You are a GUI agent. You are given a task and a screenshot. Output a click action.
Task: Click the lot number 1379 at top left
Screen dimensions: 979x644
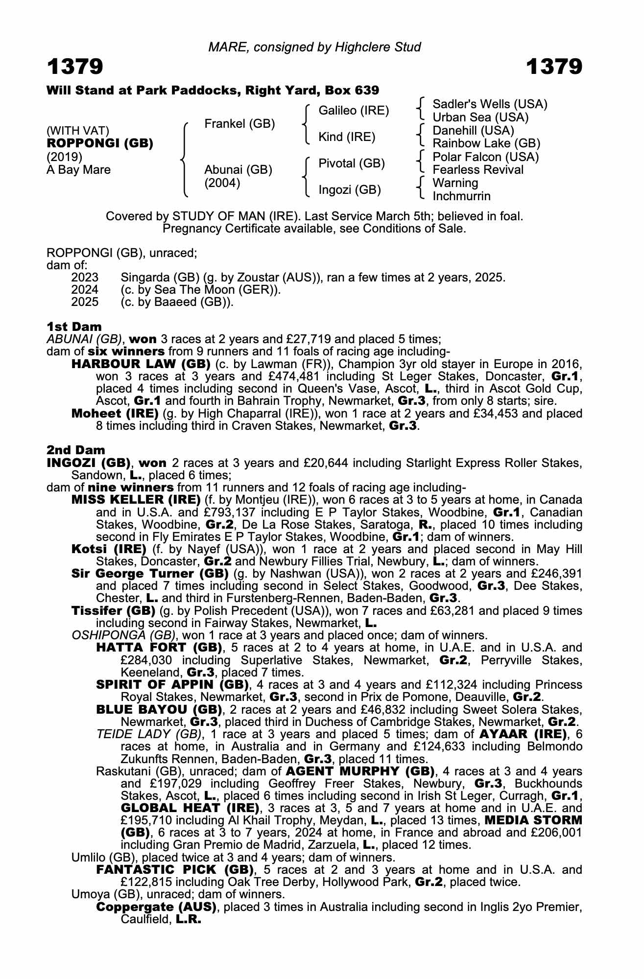click(x=75, y=67)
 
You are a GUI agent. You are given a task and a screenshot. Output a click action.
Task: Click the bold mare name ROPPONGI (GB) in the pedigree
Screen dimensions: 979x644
click(x=100, y=143)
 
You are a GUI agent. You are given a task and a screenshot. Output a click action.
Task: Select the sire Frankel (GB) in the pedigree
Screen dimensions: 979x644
click(x=239, y=124)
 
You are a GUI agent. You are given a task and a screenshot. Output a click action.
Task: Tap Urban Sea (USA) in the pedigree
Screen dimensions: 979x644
click(x=480, y=117)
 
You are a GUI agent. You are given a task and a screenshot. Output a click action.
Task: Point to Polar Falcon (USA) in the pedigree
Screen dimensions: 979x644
click(x=485, y=157)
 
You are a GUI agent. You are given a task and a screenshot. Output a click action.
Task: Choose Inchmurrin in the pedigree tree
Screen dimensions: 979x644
click(x=461, y=196)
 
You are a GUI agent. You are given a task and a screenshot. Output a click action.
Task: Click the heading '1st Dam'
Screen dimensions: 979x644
click(x=74, y=326)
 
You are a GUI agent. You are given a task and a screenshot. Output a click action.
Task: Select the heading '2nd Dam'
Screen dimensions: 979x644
click(x=75, y=450)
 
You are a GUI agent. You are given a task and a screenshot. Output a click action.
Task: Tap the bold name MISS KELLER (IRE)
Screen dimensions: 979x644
click(x=136, y=500)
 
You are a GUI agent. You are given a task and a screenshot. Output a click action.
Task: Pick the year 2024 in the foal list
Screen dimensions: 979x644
click(x=85, y=290)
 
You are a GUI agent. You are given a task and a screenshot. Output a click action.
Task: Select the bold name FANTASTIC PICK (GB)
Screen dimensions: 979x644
click(x=175, y=870)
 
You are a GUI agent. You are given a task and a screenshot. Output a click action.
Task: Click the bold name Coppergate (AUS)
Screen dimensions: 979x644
click(x=156, y=907)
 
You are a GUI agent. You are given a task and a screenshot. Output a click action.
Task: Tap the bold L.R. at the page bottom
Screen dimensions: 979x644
click(x=189, y=919)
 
